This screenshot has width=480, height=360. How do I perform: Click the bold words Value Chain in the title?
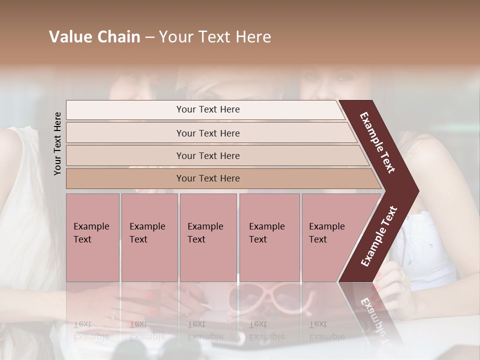click(x=94, y=37)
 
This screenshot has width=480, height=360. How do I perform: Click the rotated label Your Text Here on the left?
click(x=57, y=143)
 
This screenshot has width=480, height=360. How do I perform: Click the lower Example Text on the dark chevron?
click(x=379, y=236)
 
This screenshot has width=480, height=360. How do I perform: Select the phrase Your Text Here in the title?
click(x=215, y=37)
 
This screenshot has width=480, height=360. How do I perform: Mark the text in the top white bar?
click(x=208, y=109)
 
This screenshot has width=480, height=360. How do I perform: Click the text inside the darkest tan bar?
click(x=208, y=178)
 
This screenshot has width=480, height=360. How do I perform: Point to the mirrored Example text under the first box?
click(x=91, y=330)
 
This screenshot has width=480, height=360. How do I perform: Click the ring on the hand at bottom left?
click(x=113, y=314)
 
